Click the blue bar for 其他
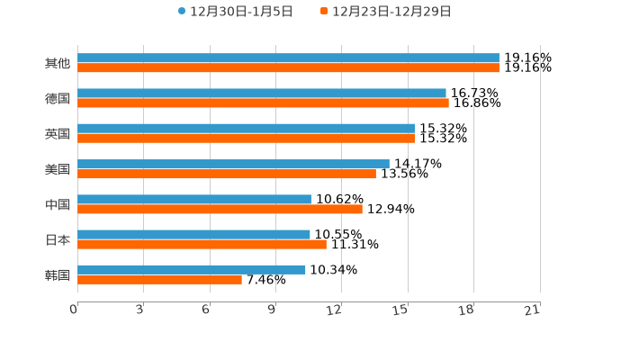288,58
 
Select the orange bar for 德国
263,103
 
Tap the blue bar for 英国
246,129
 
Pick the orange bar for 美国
227,174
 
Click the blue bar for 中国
194,199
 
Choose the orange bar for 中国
220,209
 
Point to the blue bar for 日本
193,234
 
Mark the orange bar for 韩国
159,280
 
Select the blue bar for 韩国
192,269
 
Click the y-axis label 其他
58,63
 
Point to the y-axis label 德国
58,98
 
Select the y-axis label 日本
58,239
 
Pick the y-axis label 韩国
58,274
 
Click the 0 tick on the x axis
74,310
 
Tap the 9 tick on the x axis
271,310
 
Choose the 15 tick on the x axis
400,310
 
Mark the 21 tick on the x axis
532,310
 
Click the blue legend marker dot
182,12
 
